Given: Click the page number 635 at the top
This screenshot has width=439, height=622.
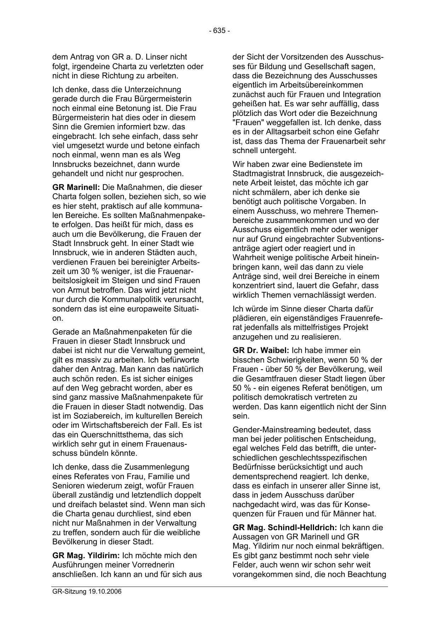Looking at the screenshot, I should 219,31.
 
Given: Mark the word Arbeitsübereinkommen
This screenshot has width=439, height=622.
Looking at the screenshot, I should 324,85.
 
